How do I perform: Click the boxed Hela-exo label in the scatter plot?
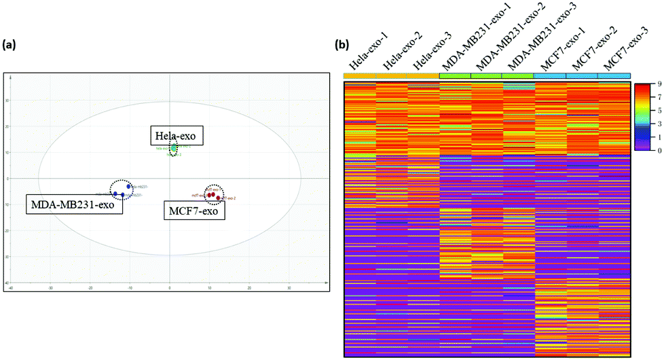pos(178,136)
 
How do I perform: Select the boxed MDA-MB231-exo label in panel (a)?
pos(74,204)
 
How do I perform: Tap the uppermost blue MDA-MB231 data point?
pos(129,186)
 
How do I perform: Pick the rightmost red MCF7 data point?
pos(218,198)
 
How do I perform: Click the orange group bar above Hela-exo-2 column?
pos(392,75)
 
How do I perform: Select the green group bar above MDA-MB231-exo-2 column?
pos(487,75)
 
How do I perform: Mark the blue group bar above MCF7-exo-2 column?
pos(581,75)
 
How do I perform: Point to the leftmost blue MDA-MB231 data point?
pos(115,194)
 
